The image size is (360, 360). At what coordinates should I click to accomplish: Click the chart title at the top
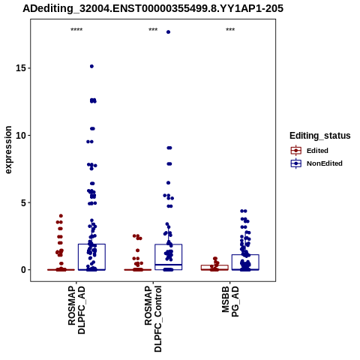[153, 9]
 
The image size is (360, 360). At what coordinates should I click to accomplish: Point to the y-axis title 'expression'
[8, 150]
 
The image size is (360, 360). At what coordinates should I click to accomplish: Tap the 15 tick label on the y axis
[20, 68]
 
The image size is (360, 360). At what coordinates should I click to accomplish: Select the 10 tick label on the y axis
[20, 135]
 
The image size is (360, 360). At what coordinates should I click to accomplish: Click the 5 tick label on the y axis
[23, 202]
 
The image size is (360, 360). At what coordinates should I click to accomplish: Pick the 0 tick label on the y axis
[23, 270]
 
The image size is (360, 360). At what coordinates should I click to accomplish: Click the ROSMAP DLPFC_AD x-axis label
[76, 310]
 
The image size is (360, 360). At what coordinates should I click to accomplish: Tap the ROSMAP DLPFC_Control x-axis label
[153, 319]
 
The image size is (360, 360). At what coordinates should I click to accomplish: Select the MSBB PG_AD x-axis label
[230, 301]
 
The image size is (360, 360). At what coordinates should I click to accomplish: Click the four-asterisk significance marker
[76, 29]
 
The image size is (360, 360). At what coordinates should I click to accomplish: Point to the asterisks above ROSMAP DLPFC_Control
[153, 29]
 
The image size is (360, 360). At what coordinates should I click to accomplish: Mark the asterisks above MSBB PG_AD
[230, 29]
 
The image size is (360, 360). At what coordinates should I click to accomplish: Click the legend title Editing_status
[320, 136]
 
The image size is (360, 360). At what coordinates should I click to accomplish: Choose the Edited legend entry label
[317, 151]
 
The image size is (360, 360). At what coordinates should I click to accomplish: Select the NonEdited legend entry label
[325, 163]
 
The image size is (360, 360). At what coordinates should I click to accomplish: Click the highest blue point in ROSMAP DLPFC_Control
[168, 32]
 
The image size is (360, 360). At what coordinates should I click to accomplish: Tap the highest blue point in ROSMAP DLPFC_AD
[91, 66]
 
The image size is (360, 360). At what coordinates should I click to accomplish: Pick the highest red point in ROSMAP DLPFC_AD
[61, 216]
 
